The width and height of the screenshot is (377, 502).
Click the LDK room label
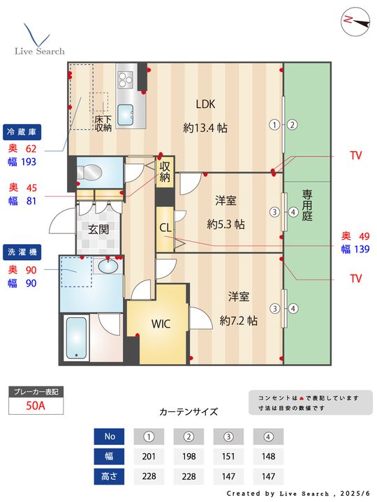(x=205, y=104)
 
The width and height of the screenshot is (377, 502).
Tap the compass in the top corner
(x=355, y=21)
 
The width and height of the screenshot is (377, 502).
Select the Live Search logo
(x=39, y=39)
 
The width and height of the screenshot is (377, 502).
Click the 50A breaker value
(x=36, y=406)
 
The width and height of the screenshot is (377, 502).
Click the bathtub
(x=76, y=337)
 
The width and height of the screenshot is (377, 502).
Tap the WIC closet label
(x=161, y=324)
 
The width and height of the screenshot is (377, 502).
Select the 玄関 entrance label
(x=98, y=229)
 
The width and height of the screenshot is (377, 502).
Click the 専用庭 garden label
(x=306, y=205)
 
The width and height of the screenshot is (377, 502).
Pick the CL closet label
(x=165, y=227)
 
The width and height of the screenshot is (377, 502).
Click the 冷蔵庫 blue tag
(x=22, y=132)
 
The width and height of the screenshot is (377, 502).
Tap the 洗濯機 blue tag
(x=22, y=252)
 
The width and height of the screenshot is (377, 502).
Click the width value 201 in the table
(x=149, y=456)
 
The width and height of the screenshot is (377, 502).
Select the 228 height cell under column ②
(x=188, y=476)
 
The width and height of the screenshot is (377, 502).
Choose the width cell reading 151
(x=228, y=456)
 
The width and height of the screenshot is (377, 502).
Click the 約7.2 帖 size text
(x=239, y=321)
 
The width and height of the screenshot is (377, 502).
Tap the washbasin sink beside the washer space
(x=108, y=266)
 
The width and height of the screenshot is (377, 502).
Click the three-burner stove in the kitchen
(x=126, y=79)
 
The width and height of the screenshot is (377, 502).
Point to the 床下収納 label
(x=103, y=123)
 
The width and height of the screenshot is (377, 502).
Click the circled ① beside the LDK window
(x=274, y=125)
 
